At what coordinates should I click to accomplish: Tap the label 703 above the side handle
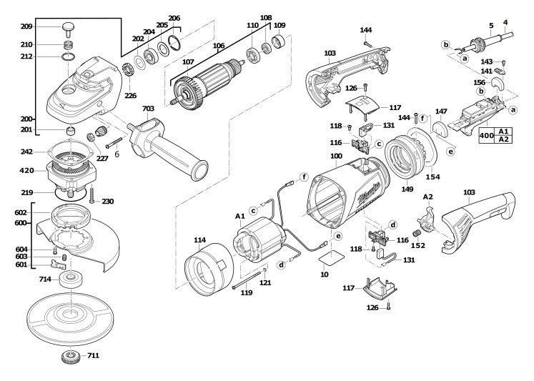point(148,109)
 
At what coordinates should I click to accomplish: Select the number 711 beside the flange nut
point(94,355)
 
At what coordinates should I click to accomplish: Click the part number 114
point(199,240)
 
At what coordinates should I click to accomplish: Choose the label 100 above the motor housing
point(336,156)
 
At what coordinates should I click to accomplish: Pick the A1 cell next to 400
point(503,132)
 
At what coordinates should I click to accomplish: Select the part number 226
point(131,94)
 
